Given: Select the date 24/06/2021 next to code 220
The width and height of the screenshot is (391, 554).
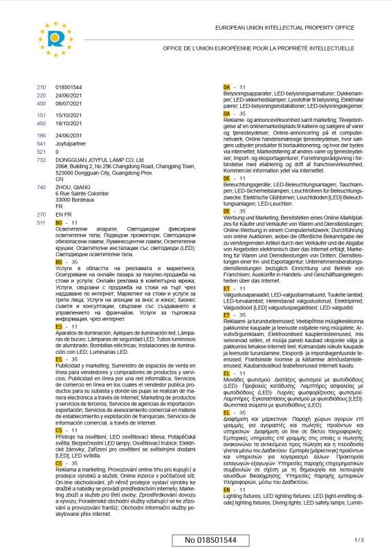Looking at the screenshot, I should (x=68, y=95).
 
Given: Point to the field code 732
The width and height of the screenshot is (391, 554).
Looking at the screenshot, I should (x=40, y=159).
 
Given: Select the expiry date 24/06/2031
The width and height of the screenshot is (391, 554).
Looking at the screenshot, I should (x=68, y=135).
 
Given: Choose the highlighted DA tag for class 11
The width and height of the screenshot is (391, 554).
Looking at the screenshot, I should (x=226, y=86).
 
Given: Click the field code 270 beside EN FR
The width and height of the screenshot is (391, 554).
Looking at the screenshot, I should (x=40, y=215).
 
